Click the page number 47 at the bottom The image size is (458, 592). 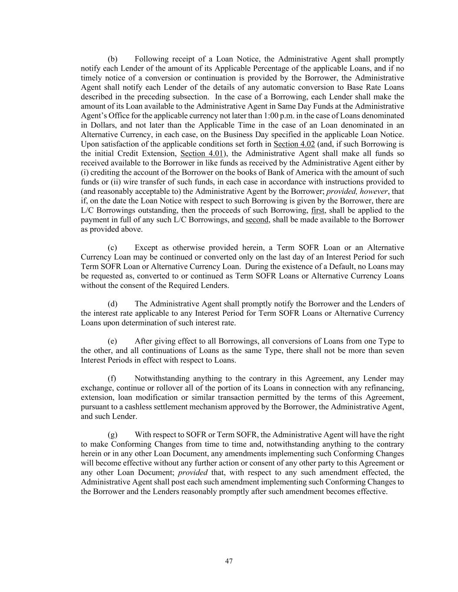[x=229, y=561]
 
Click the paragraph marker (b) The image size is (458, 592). [x=112, y=59]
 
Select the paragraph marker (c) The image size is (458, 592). [x=112, y=248]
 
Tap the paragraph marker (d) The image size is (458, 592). [x=112, y=304]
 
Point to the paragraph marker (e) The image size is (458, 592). [x=112, y=341]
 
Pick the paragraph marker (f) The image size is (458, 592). [x=112, y=379]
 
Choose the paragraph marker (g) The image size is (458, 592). [x=112, y=435]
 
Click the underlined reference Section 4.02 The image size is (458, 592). [x=294, y=144]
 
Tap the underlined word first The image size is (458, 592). [x=318, y=210]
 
